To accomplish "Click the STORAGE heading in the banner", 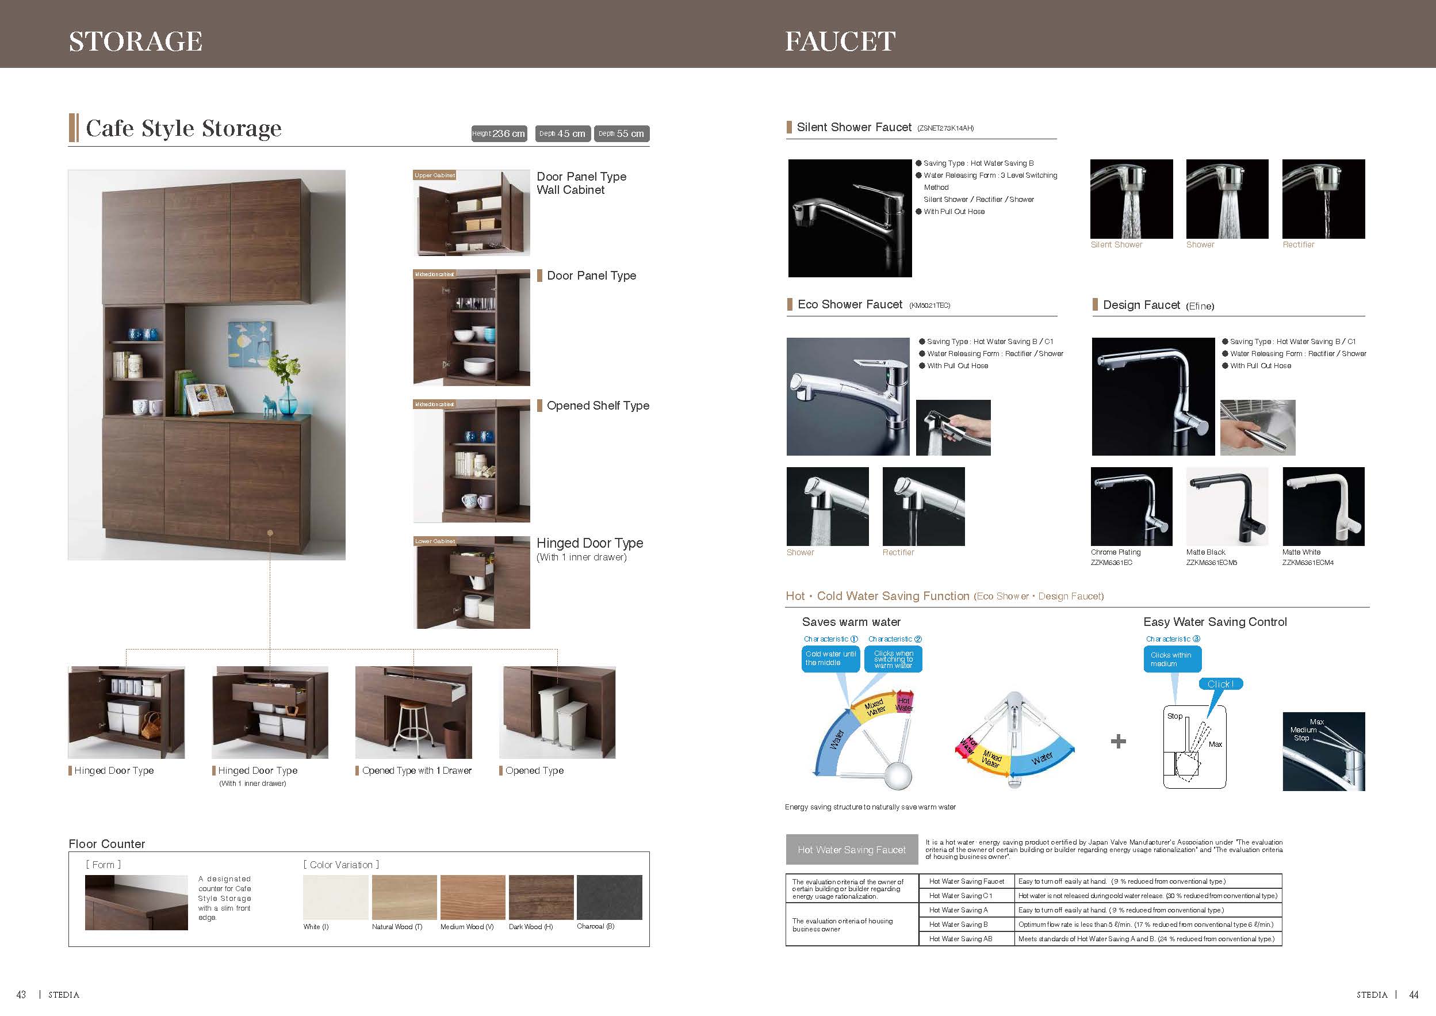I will pos(135,41).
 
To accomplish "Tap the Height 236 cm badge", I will pos(499,133).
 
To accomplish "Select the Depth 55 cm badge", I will pos(621,133).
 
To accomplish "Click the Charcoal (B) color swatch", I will pos(608,896).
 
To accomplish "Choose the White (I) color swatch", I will pos(335,896).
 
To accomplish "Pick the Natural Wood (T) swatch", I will pos(404,896).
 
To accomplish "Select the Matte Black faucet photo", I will pos(1227,506).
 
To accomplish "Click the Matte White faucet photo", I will pos(1323,506).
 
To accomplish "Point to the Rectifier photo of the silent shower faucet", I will pos(1323,198).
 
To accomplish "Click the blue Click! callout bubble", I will pos(1220,684).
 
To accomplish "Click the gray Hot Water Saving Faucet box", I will pos(851,850).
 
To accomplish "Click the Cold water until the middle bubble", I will pos(830,658).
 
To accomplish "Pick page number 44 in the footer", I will pos(1413,995).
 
